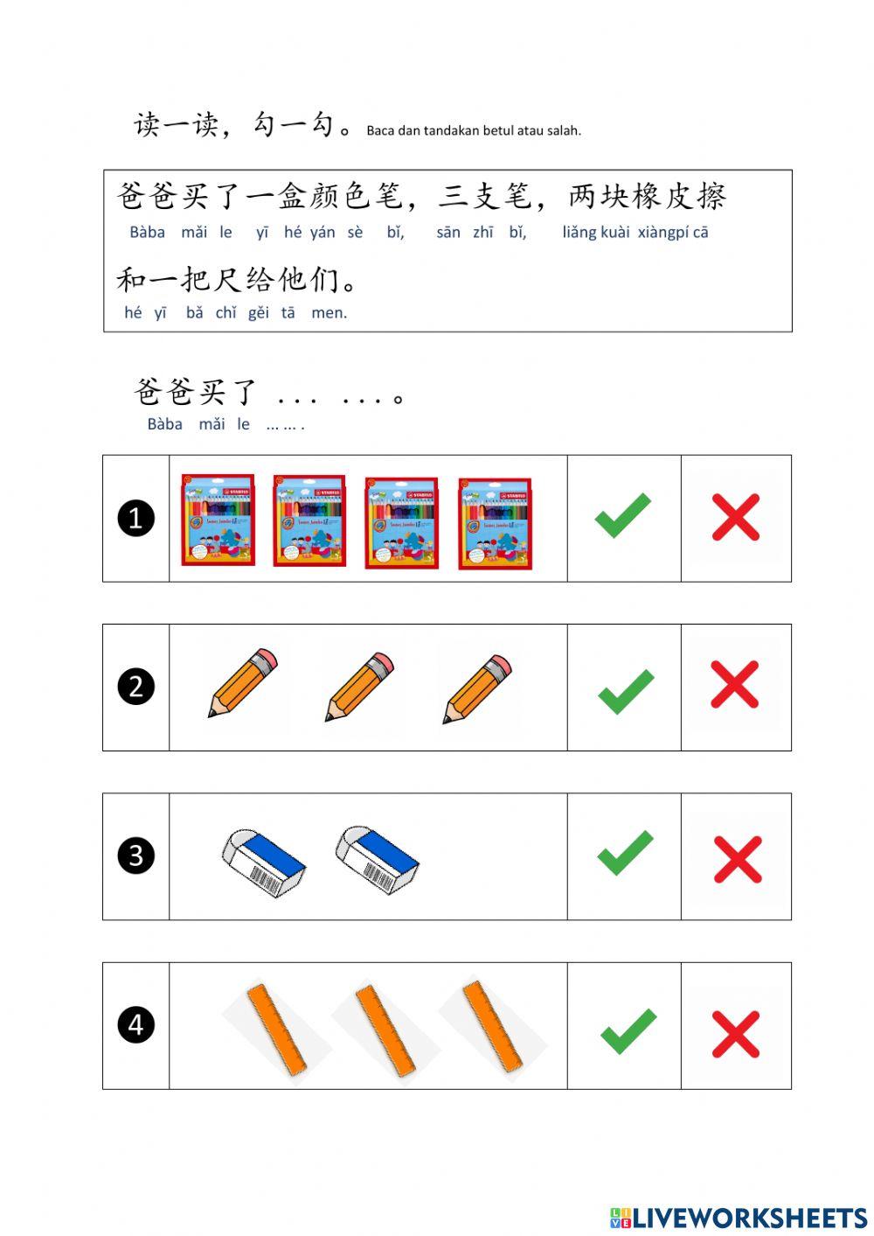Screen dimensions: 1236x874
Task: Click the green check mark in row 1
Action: [623, 516]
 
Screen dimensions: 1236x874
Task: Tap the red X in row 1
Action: [736, 517]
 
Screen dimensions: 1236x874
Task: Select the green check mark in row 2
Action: [626, 691]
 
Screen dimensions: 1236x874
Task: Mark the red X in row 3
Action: [738, 859]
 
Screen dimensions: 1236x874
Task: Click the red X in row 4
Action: [736, 1035]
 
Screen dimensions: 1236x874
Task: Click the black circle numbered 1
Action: [135, 519]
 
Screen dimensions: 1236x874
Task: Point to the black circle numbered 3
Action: [135, 855]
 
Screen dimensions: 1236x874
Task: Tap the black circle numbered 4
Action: [135, 1024]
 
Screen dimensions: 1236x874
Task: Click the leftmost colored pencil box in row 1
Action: [218, 520]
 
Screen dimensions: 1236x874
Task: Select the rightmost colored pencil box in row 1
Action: [495, 523]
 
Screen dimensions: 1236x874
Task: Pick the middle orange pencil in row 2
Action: [359, 686]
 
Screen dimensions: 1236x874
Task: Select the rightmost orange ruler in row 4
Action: [492, 1026]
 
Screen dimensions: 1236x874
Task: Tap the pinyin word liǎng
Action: [579, 233]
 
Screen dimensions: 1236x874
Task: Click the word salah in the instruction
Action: [564, 131]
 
